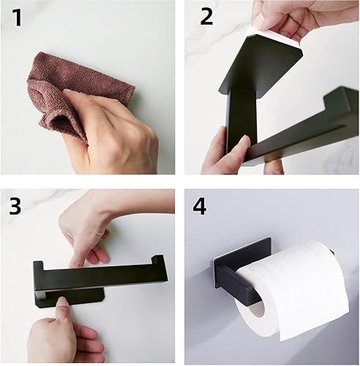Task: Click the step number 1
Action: pyautogui.click(x=17, y=18)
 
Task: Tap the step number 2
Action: pyautogui.click(x=206, y=16)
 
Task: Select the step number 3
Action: pyautogui.click(x=15, y=206)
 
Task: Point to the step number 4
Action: pyautogui.click(x=200, y=206)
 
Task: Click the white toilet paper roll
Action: pyautogui.click(x=293, y=288)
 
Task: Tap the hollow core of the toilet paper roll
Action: pyautogui.click(x=257, y=309)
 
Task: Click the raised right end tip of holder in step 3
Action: pyautogui.click(x=157, y=259)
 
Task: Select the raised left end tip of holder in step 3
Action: pyautogui.click(x=38, y=266)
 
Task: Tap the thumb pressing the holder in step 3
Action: pyautogui.click(x=63, y=305)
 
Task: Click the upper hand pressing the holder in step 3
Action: pyautogui.click(x=97, y=232)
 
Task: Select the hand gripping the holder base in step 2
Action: pyautogui.click(x=227, y=152)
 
